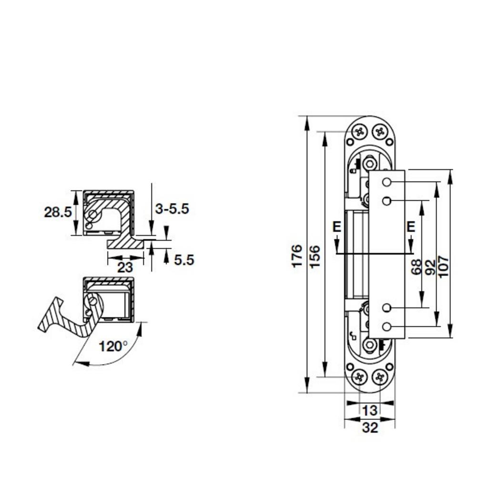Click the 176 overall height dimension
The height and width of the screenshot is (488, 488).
point(297,255)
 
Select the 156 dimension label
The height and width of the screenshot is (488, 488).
point(315,255)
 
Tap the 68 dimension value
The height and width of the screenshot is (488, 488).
point(416,266)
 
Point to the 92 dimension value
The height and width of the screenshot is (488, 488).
point(430,266)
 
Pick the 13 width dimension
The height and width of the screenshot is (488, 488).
point(369,410)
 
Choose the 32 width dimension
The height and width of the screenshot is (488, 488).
point(369,427)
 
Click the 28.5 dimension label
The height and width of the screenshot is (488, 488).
point(58,212)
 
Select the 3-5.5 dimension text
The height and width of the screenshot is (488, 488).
point(172,209)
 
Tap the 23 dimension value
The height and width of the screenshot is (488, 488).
point(125,267)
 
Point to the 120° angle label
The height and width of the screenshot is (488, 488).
point(113,346)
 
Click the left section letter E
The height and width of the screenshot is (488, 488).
point(337,227)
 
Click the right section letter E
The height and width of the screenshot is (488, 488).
point(411,227)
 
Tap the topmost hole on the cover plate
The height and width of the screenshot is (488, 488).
point(386,183)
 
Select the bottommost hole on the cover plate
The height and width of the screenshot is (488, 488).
point(386,326)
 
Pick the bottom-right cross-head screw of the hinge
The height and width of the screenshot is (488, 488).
point(379,377)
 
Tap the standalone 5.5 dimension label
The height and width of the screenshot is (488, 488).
point(184,260)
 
